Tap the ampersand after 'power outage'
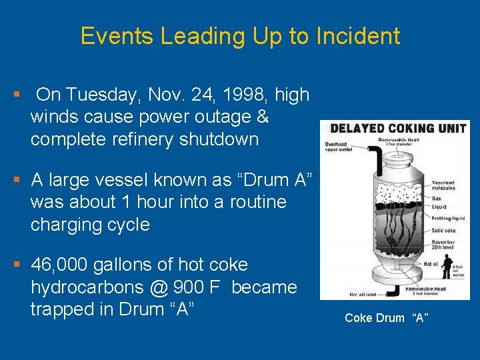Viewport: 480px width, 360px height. pyautogui.click(x=263, y=117)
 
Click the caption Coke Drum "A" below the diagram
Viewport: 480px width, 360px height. pyautogui.click(x=386, y=318)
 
